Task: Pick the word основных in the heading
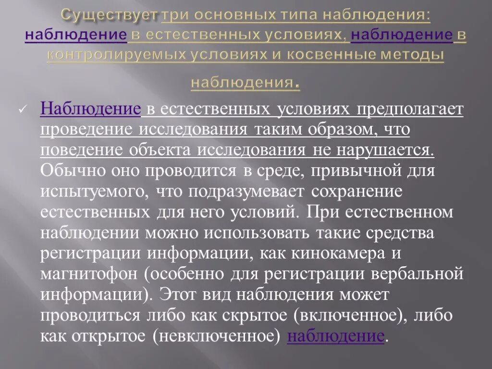pos(233,15)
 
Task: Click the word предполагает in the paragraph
pos(407,110)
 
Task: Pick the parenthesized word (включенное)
pos(358,315)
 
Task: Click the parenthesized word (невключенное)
pos(216,336)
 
